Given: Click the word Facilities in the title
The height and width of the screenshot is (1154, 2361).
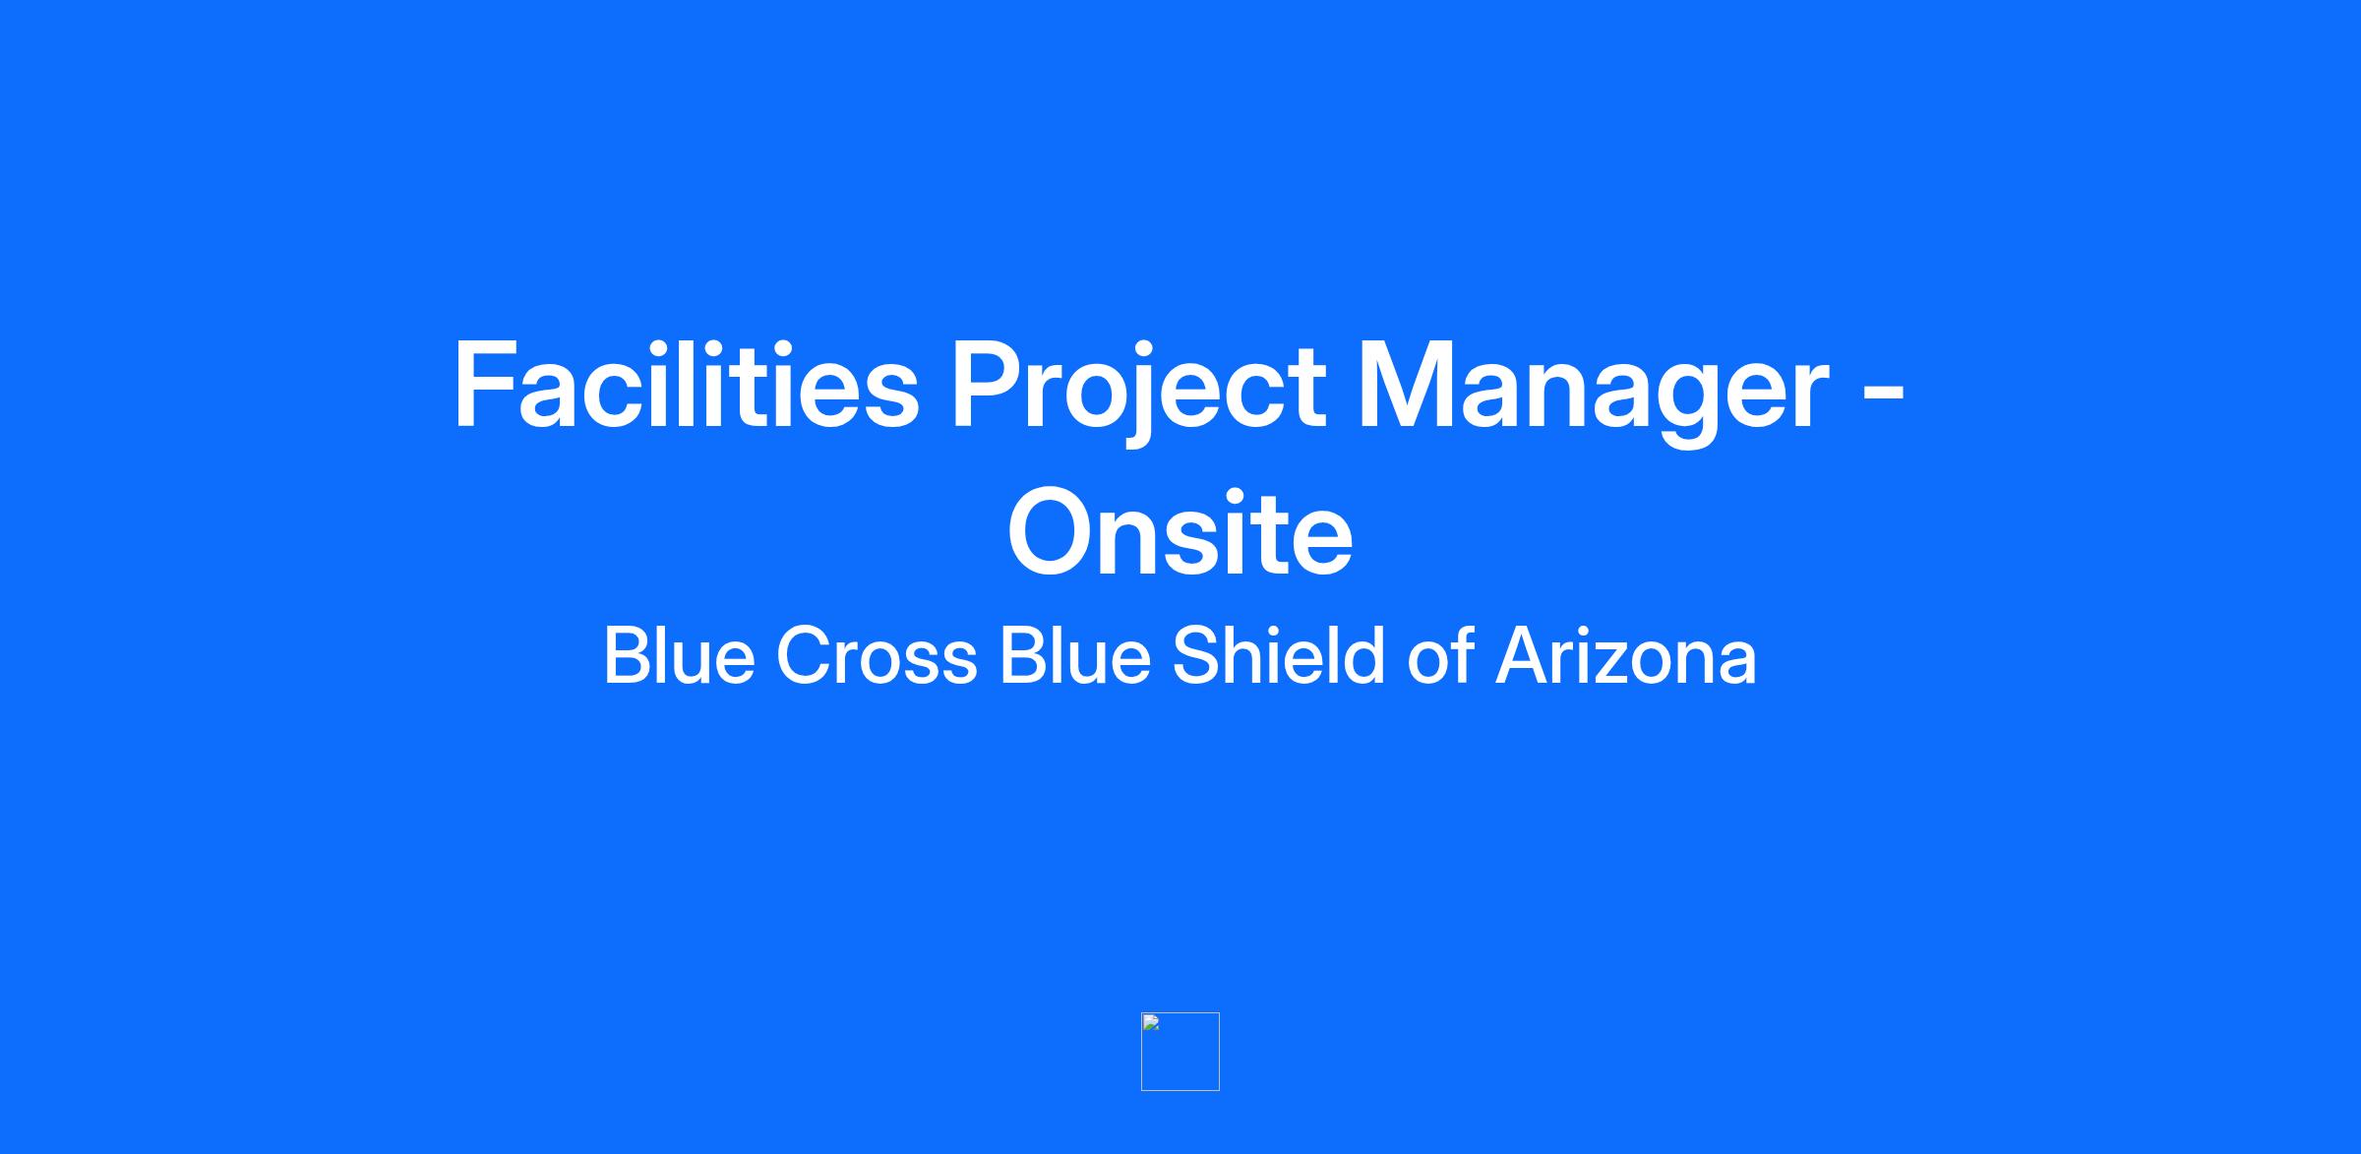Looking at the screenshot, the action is point(686,385).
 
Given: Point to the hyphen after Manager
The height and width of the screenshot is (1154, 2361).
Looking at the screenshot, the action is point(1884,394).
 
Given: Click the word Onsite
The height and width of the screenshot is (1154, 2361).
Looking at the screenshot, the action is point(1180,532).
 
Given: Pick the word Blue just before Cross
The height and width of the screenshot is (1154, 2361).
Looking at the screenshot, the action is point(679,655).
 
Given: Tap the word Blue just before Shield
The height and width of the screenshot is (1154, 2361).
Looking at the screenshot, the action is point(1075,655).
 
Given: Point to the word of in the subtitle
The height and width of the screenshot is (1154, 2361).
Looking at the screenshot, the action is point(1440,655).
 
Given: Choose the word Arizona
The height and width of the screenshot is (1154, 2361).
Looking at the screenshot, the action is point(1626,655).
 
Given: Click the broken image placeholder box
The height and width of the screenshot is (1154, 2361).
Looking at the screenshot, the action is point(1180,1052).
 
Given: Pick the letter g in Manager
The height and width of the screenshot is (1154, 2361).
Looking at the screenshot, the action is point(1688,405).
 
